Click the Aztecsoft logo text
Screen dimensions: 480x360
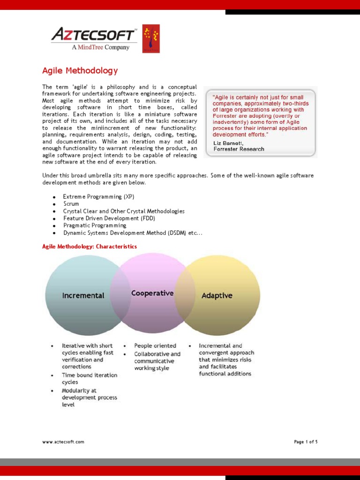[93, 34]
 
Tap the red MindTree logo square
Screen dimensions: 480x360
[151, 38]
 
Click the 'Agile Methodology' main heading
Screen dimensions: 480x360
[80, 71]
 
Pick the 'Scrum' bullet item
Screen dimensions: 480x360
[71, 204]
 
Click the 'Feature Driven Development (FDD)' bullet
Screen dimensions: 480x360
[109, 218]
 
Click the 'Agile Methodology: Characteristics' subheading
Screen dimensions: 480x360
[90, 246]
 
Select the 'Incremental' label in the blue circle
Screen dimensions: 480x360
[83, 295]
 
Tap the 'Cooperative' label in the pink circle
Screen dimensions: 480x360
[152, 293]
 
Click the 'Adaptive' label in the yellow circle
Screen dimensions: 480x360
[217, 295]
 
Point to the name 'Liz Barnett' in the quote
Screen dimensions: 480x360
[228, 143]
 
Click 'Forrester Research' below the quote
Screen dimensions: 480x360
[239, 149]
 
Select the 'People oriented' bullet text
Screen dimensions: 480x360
[155, 345]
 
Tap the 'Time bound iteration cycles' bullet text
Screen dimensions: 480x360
[89, 378]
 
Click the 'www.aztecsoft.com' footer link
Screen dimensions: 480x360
[63, 442]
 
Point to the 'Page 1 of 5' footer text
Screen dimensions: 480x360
[306, 442]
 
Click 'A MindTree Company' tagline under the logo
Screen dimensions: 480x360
[100, 47]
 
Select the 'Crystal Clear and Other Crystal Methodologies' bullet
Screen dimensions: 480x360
[124, 211]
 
